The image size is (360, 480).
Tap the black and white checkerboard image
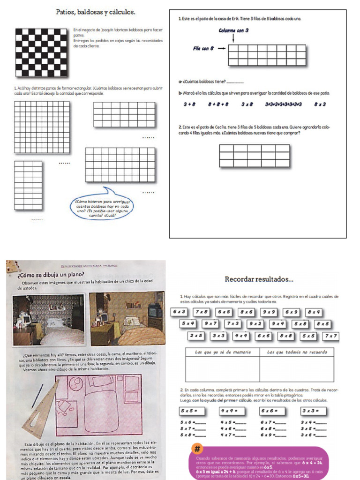[41, 52]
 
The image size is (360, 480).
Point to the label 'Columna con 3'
[233, 30]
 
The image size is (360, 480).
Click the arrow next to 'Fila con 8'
[222, 48]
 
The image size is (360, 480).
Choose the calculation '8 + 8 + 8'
[218, 105]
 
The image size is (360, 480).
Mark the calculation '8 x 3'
[320, 105]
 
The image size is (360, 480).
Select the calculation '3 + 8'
[189, 105]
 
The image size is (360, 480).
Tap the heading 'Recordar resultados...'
[259, 279]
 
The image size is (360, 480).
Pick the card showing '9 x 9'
[269, 312]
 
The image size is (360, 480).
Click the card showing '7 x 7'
[330, 336]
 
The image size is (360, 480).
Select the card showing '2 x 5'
[196, 336]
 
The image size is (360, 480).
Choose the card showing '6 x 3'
[179, 312]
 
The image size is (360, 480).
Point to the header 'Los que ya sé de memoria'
[223, 352]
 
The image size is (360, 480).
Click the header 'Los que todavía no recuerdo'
[296, 352]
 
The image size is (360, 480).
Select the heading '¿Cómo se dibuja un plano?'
[51, 274]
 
